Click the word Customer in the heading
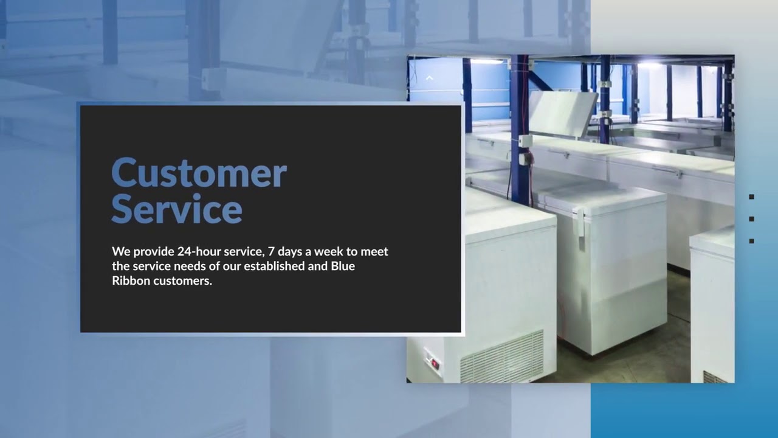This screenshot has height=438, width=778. click(199, 173)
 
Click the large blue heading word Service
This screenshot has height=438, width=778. click(176, 209)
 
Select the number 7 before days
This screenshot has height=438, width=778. click(271, 251)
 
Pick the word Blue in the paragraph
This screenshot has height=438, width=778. click(343, 266)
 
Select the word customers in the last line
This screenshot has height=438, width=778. click(182, 281)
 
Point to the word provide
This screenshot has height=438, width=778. click(152, 252)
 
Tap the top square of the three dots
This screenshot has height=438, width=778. click(752, 196)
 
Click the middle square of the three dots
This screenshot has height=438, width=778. click(752, 219)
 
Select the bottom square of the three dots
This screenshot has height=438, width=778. click(752, 241)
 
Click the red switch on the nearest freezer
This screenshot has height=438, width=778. click(435, 363)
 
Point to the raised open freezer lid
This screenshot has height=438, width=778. click(562, 113)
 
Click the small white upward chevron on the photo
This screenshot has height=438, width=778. click(429, 78)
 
